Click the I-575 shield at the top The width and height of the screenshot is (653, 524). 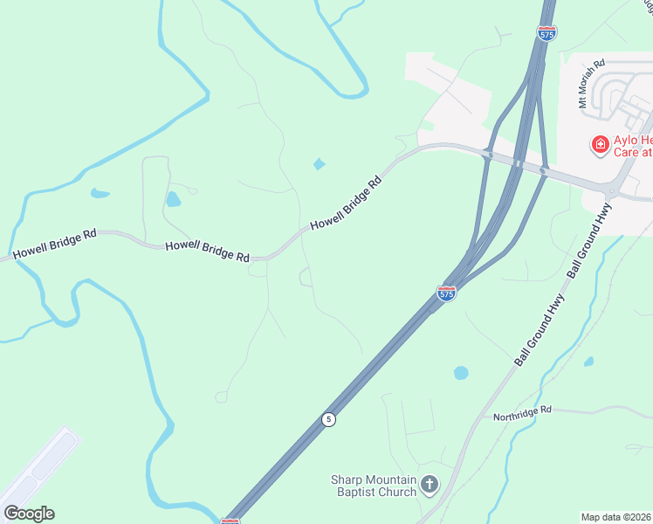click(546, 33)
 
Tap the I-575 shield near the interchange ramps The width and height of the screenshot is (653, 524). click(446, 293)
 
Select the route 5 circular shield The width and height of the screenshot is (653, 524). click(328, 419)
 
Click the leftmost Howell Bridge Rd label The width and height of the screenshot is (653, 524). click(54, 245)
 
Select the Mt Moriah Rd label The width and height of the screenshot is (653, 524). click(591, 85)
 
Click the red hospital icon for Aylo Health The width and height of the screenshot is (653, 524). click(600, 144)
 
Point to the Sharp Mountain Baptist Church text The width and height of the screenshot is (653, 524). click(373, 485)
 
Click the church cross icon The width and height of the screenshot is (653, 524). click(429, 485)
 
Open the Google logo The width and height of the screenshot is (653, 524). click(30, 513)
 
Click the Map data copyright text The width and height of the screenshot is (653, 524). click(615, 517)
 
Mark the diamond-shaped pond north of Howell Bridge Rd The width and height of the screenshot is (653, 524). click(319, 163)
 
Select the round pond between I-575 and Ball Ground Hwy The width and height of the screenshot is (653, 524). click(461, 373)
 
